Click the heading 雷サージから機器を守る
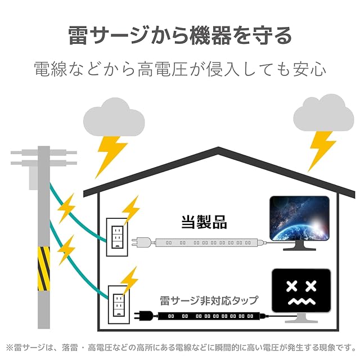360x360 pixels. pos(180,36)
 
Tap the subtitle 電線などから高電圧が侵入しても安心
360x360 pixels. pos(180,69)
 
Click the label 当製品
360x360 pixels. pos(204,222)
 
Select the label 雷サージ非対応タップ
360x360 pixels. pos(209,300)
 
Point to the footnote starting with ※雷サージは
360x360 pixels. pos(181,348)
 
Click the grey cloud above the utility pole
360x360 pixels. pos(114,118)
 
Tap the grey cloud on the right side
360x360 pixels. pos(324,112)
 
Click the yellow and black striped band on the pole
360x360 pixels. pos(44,269)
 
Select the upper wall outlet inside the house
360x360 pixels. pos(117,237)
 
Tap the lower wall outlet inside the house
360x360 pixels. pos(119,305)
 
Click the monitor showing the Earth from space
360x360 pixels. pos(299,223)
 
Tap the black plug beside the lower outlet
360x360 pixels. pos(143,316)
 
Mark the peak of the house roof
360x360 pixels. pos(218,147)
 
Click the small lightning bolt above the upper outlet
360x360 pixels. pos(130,210)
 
